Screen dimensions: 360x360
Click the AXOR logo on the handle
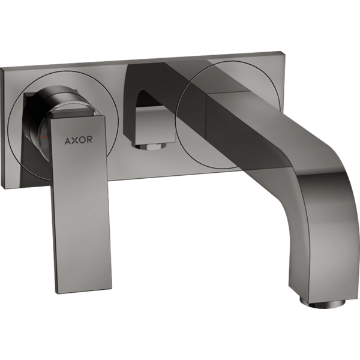click(x=78, y=140)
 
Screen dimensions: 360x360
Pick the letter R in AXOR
click(x=89, y=139)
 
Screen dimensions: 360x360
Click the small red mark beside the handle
click(x=44, y=136)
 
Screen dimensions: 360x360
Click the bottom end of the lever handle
click(x=84, y=290)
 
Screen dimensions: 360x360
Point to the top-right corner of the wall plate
click(x=281, y=51)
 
